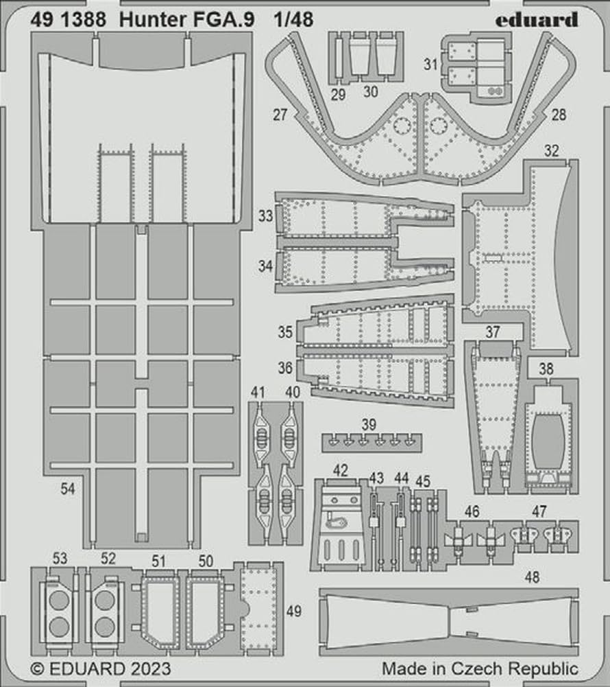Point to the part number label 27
[279, 115]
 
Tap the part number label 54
[67, 489]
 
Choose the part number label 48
[532, 577]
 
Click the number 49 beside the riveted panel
[294, 610]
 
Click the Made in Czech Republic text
[480, 668]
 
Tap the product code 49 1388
[68, 20]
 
